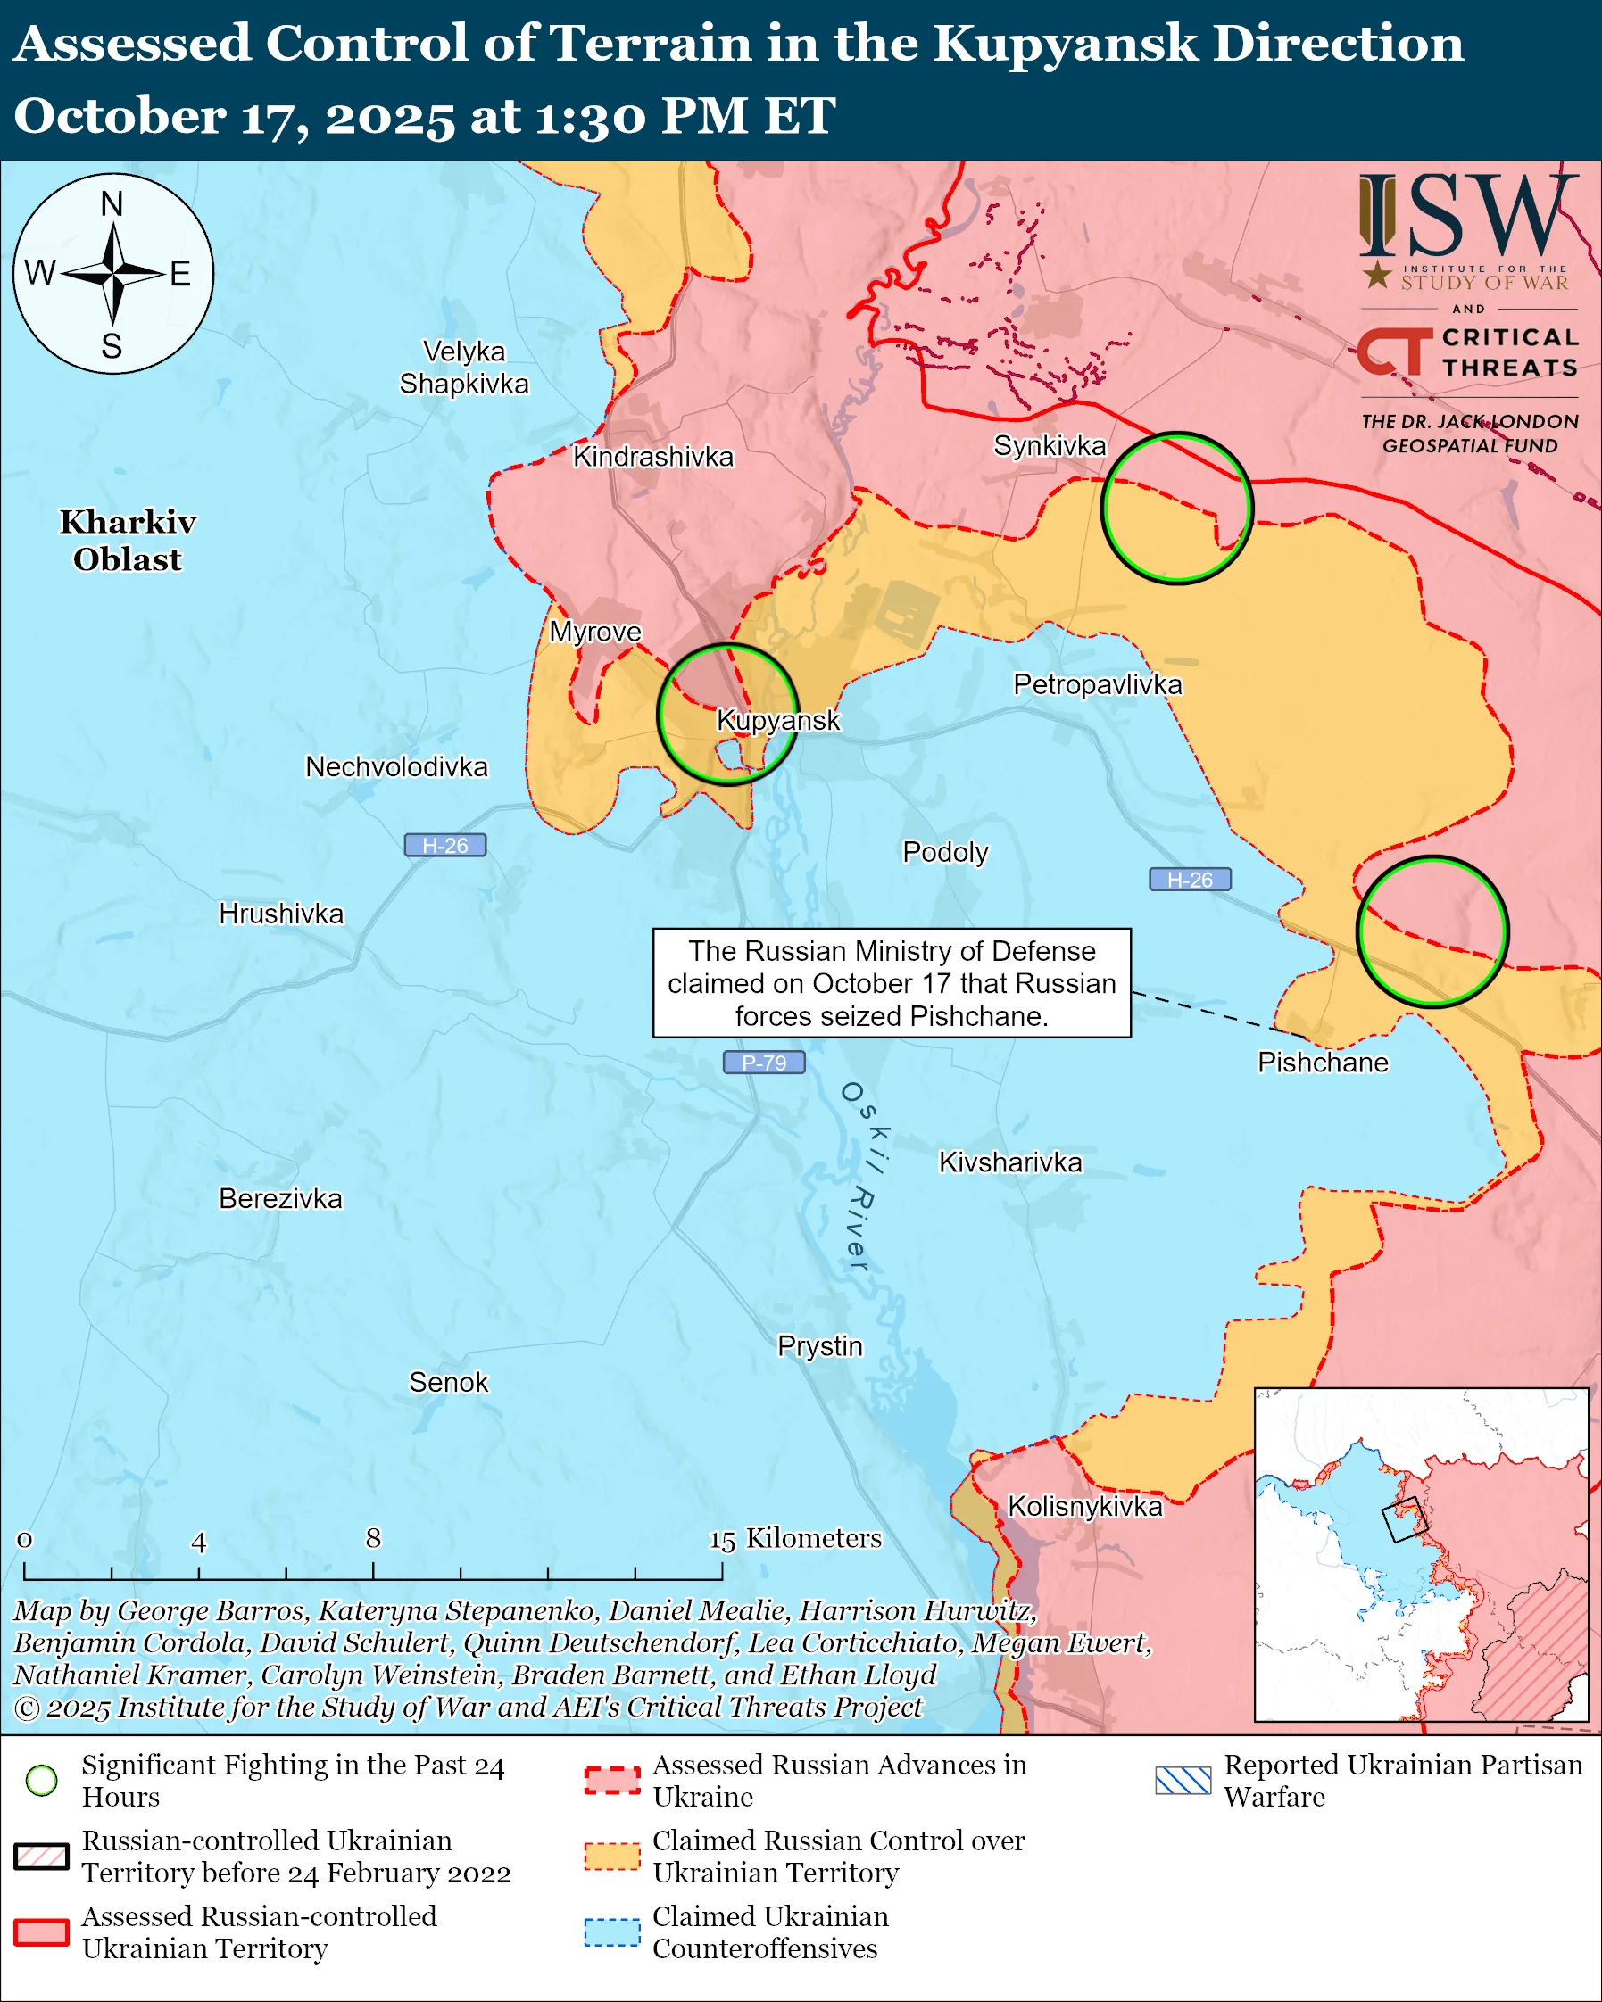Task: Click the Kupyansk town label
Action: (778, 721)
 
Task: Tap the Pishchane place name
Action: (1323, 1063)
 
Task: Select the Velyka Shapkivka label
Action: (463, 368)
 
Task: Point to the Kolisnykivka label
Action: (1084, 1506)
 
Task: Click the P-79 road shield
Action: (763, 1063)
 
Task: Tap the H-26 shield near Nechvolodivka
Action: (444, 845)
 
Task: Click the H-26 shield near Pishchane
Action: (1190, 880)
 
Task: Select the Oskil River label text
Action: (861, 1178)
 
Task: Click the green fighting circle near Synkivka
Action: (1176, 508)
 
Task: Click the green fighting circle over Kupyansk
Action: (728, 714)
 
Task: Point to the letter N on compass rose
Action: (112, 203)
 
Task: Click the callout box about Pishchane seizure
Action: (892, 982)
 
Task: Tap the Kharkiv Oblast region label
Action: (128, 541)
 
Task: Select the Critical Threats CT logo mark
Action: (1394, 351)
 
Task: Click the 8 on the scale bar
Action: (373, 1539)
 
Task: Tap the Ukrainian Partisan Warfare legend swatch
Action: (1183, 1780)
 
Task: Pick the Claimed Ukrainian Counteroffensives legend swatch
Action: (612, 1932)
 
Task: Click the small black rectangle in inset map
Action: (1404, 1520)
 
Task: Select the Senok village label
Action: (449, 1382)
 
